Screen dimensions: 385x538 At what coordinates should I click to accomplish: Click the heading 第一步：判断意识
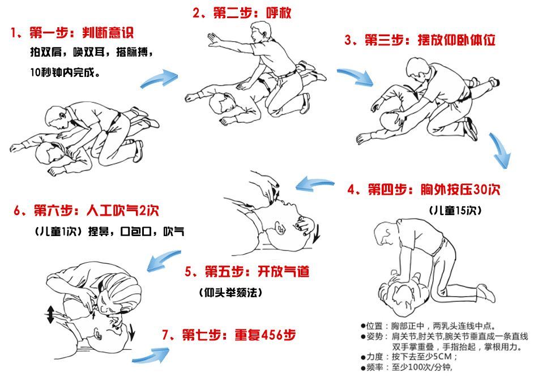[72, 32]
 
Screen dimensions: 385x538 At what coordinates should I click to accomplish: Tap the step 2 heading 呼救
[242, 12]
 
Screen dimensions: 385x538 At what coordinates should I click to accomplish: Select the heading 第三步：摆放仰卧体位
[420, 41]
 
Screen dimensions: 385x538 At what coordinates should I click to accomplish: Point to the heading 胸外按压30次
[424, 189]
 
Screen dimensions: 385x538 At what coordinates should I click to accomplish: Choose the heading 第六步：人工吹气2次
[86, 211]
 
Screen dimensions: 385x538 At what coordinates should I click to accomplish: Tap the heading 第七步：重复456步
[228, 334]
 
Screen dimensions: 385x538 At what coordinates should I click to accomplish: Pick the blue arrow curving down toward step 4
[501, 151]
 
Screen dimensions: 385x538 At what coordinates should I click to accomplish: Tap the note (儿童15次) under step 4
[455, 210]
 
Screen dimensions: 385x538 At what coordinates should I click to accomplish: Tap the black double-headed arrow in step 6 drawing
[50, 314]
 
